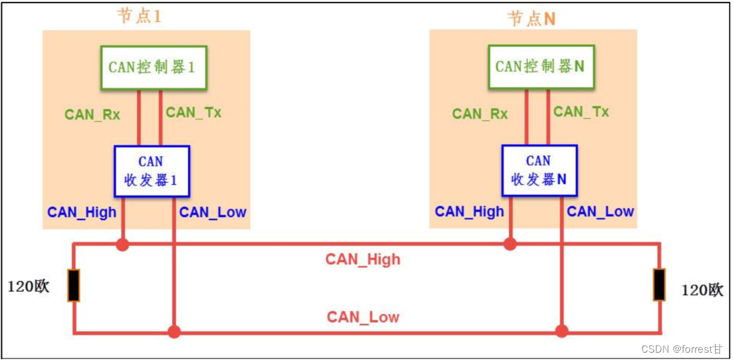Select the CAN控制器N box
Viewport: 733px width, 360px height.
[x=540, y=67]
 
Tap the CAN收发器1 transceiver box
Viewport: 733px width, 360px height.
[x=151, y=171]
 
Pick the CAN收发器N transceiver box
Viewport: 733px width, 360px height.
[x=538, y=171]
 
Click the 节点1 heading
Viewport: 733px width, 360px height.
[x=138, y=16]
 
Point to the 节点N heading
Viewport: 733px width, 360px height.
[x=531, y=18]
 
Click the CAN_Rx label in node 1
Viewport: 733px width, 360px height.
[x=92, y=114]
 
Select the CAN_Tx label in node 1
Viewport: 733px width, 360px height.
[x=193, y=112]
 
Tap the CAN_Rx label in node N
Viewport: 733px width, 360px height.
[x=480, y=114]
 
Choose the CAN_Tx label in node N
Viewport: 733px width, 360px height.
[x=581, y=112]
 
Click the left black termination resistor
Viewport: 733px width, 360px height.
[x=74, y=286]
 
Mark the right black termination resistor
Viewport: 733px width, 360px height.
[x=659, y=284]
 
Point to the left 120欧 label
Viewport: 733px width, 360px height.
[x=29, y=288]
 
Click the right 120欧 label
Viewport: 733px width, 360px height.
[x=702, y=290]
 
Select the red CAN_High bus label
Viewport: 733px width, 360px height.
[x=362, y=259]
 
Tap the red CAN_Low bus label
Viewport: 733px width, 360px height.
[x=362, y=317]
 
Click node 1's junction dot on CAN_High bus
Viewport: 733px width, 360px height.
[x=122, y=245]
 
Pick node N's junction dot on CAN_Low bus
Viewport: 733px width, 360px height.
[x=562, y=331]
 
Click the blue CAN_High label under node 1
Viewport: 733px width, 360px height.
[x=82, y=212]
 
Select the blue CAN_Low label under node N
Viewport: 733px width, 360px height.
[x=601, y=212]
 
